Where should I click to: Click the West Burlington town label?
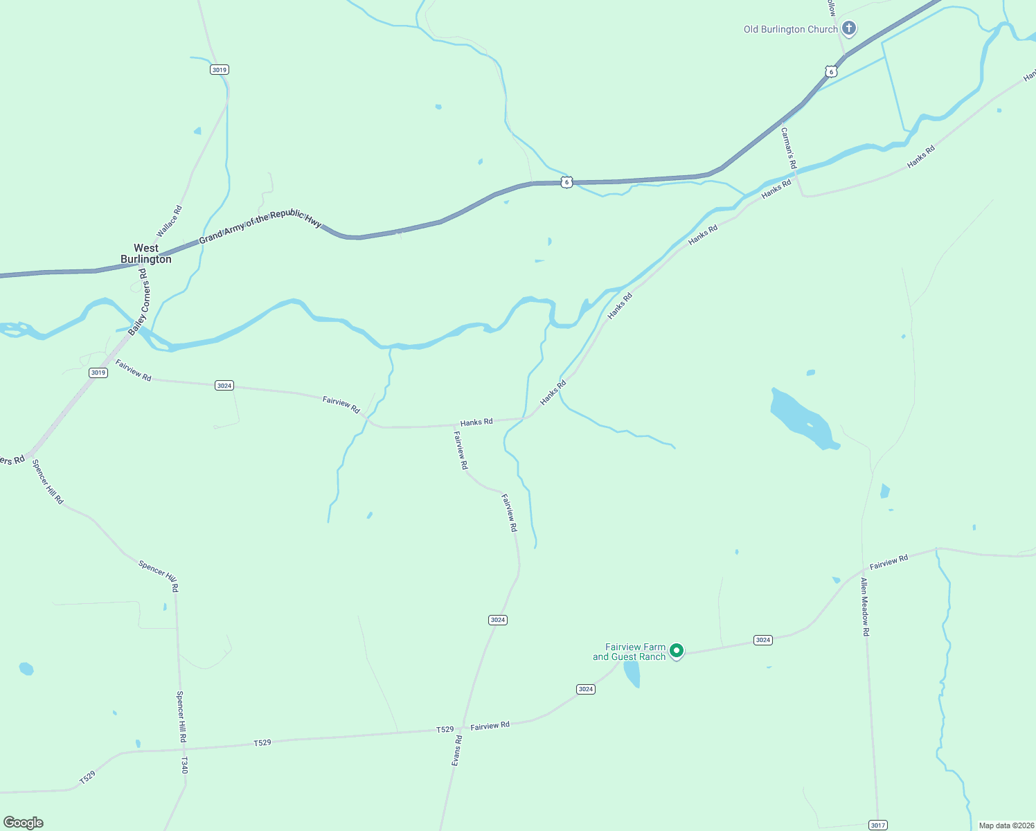(145, 253)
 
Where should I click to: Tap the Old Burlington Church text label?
(790, 30)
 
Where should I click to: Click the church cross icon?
(849, 29)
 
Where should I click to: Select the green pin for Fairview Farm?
(677, 650)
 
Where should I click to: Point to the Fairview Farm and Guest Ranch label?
(629, 652)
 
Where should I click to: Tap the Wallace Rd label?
(169, 221)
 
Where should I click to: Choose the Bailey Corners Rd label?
(139, 301)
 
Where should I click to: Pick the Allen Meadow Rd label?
(865, 607)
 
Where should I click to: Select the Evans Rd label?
(456, 751)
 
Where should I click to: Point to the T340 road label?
(184, 765)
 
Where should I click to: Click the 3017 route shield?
(877, 825)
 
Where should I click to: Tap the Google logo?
(24, 823)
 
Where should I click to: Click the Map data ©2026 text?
(1006, 825)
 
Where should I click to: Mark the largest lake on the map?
(803, 418)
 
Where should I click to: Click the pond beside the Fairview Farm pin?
(632, 674)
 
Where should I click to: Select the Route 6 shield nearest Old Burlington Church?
(831, 71)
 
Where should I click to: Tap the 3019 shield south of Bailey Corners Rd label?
(98, 373)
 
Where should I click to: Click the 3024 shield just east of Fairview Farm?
(763, 640)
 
